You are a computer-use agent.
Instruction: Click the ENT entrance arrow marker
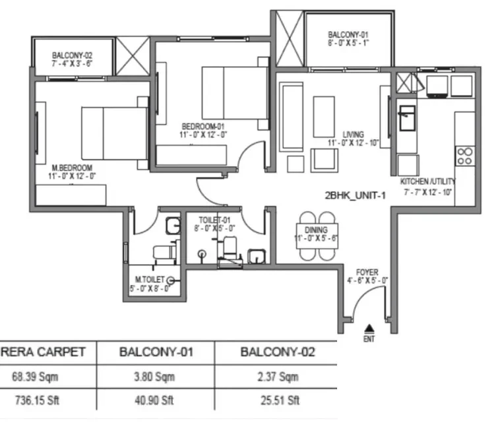click(369, 329)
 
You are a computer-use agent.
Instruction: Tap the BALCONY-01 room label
click(348, 34)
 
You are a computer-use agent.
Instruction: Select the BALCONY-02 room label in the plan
click(72, 55)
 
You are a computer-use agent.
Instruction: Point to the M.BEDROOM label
click(72, 168)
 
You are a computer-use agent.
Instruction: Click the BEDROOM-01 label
click(203, 126)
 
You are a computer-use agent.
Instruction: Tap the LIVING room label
click(353, 135)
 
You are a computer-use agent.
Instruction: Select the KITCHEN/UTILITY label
click(427, 181)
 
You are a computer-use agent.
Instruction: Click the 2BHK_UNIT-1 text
click(355, 195)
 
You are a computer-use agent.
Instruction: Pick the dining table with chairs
click(317, 236)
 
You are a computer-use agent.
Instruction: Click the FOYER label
click(367, 273)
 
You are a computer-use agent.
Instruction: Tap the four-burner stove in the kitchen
click(465, 156)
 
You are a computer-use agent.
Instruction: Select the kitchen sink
click(407, 118)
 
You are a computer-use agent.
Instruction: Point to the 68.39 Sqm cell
click(35, 377)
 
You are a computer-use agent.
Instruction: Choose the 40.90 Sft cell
click(154, 400)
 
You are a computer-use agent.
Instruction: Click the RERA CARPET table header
click(43, 352)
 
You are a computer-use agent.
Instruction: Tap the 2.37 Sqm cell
click(278, 377)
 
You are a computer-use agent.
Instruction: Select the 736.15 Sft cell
click(37, 400)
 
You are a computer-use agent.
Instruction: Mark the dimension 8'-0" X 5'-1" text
click(348, 43)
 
